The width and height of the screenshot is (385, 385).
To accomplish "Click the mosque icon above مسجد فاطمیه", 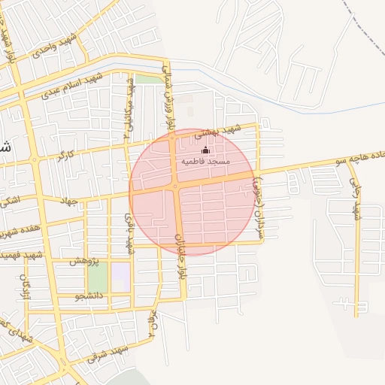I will tap(205, 150).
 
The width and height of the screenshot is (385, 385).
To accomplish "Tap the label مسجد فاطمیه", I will tap(205, 161).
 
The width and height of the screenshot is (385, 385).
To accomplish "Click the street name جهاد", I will tap(69, 202).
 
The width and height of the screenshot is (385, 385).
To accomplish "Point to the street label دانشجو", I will tap(67, 296).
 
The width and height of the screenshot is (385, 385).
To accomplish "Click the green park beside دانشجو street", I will tap(98, 277).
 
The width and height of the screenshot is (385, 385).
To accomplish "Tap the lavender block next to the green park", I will tap(120, 276).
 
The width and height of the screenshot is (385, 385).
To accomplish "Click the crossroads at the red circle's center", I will tap(175, 186).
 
